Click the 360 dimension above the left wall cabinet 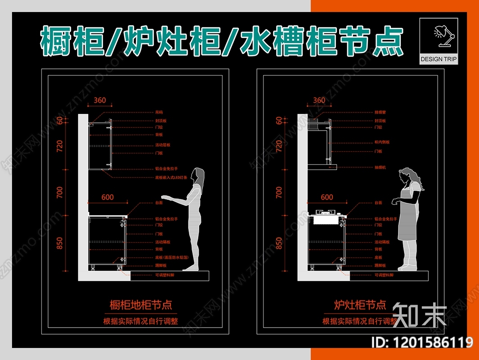(100, 100)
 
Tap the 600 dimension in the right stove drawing (327, 197)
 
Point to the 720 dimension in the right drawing (279, 146)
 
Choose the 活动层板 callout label (162, 145)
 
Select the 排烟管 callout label (380, 112)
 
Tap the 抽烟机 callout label (380, 167)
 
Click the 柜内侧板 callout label (382, 142)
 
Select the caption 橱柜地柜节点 (141, 305)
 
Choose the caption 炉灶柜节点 (360, 305)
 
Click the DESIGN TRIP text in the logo (438, 59)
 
